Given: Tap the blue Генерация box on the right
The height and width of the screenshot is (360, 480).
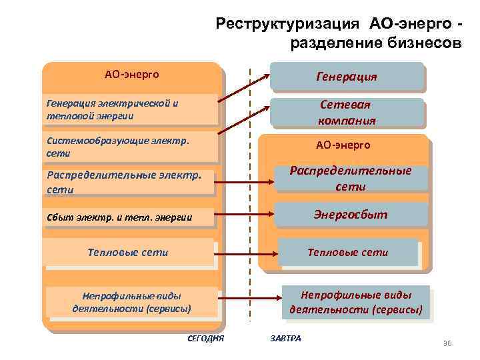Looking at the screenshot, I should pos(346,76).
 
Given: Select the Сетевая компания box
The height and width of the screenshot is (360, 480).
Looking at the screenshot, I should pos(346,113).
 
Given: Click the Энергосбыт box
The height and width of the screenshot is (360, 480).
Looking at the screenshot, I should pos(351,215).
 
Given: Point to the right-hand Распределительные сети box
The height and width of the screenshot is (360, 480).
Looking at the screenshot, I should pos(351,178).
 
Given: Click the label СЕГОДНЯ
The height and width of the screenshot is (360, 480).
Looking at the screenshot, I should pos(206,339).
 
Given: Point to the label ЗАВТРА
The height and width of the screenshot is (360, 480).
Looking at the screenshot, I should pos(286,338).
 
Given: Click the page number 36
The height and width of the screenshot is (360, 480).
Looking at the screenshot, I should pos(447,343).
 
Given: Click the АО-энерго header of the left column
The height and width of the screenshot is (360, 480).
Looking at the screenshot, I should pos(131,74).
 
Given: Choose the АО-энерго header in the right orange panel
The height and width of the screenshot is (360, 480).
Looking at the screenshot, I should pos(343,145).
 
